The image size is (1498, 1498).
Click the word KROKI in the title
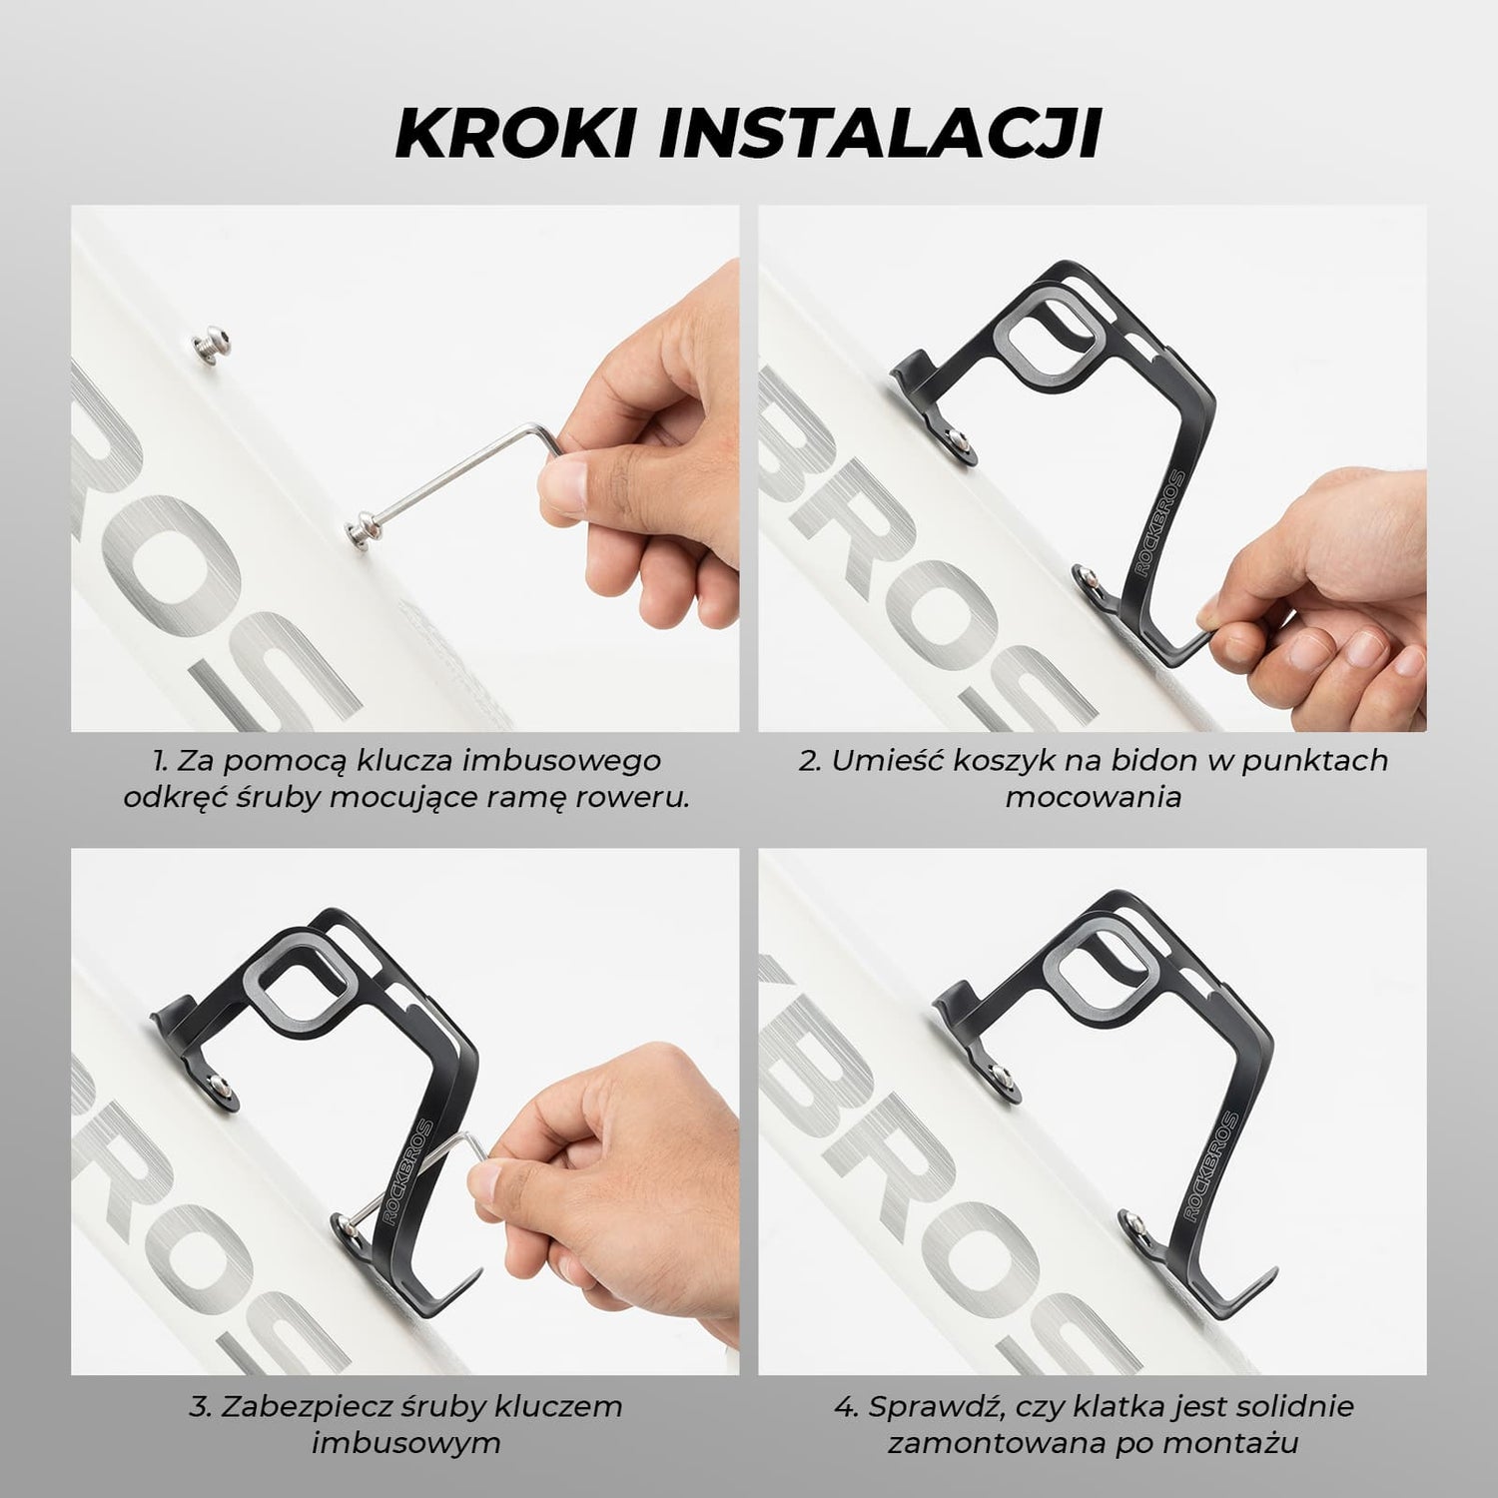pos(516,132)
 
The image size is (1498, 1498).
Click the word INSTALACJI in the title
pos(879,132)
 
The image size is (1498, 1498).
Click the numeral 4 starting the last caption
pos(842,1408)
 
